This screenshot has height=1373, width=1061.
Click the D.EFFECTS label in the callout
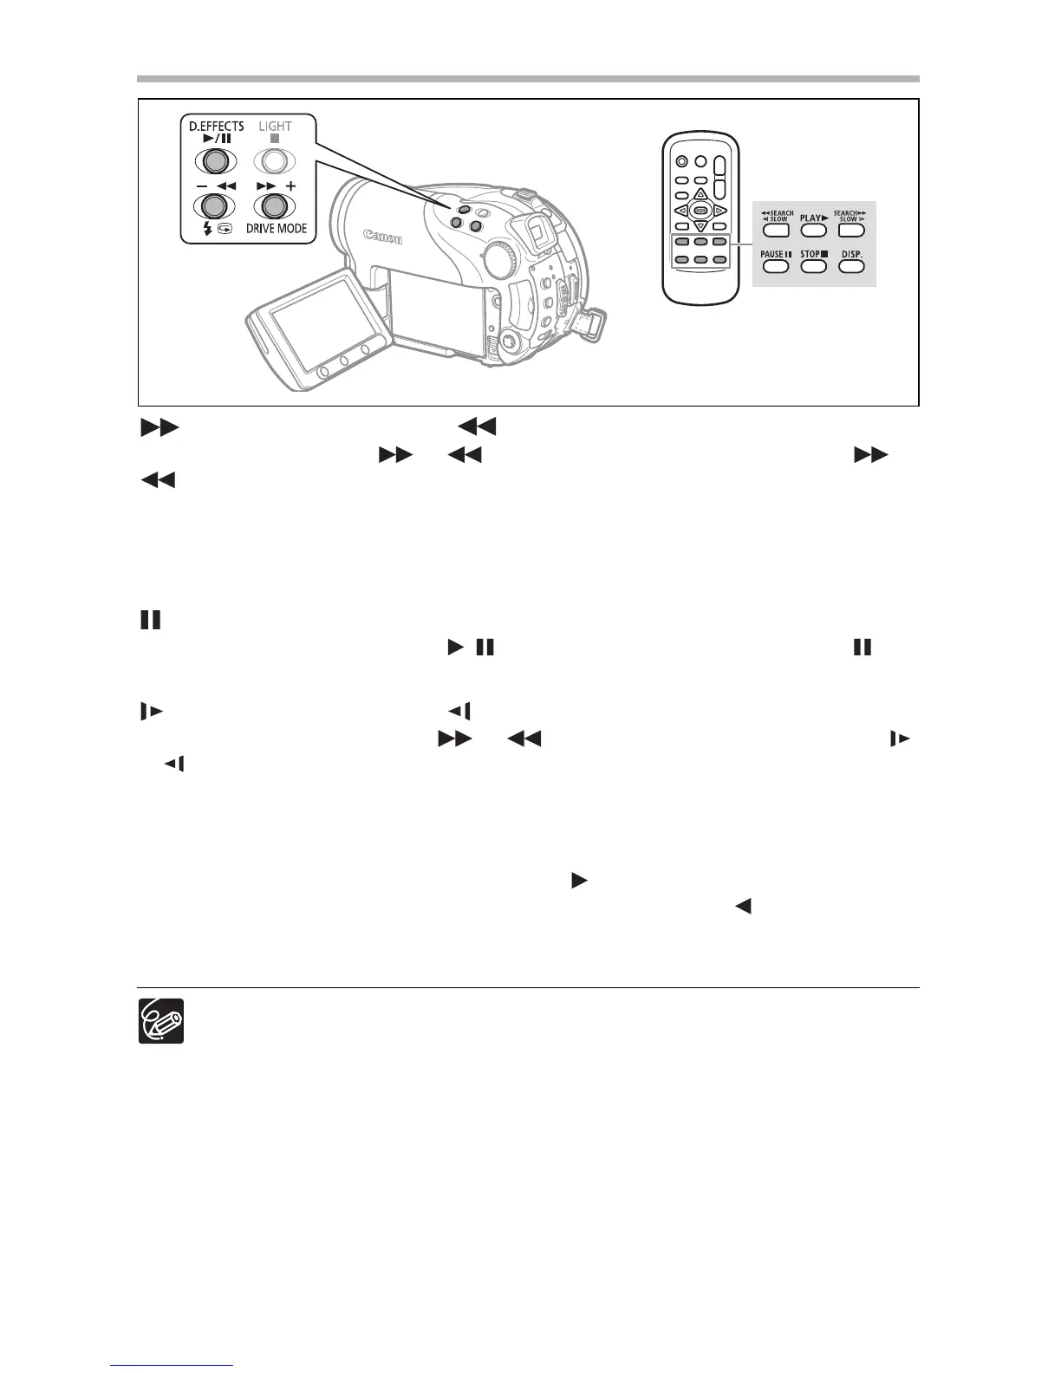click(216, 126)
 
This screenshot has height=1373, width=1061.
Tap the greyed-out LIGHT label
click(275, 126)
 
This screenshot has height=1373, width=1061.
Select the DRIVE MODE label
click(276, 229)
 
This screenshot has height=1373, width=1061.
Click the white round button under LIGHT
click(275, 161)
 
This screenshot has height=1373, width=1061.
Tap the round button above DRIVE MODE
click(275, 206)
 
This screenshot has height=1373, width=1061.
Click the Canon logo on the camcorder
click(382, 236)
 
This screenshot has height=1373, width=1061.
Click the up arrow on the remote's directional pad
click(700, 194)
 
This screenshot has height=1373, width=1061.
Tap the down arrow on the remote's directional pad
click(700, 226)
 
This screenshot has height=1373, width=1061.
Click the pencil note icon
click(161, 1021)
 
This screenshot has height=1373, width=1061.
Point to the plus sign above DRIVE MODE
click(290, 185)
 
